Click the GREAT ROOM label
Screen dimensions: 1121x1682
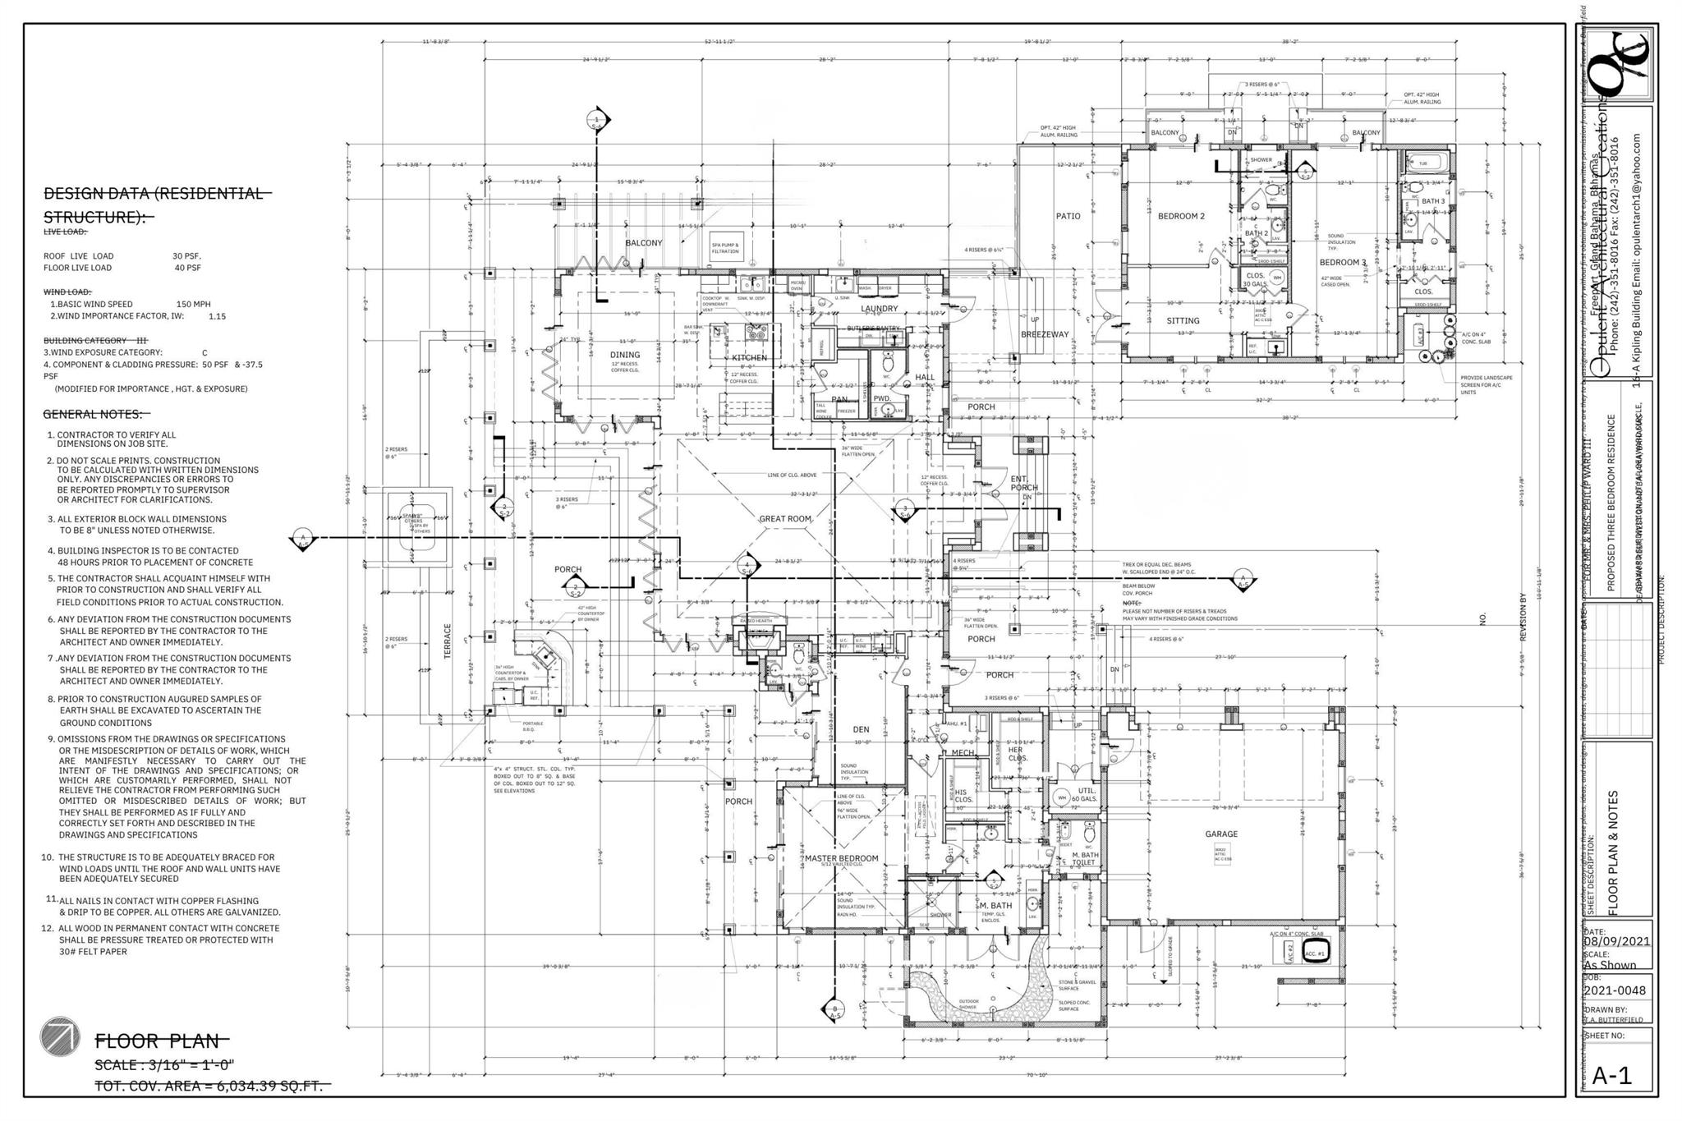click(x=784, y=519)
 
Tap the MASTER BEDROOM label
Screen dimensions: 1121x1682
click(x=841, y=858)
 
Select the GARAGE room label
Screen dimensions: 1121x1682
click(x=1220, y=834)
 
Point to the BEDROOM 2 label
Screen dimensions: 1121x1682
click(x=1181, y=216)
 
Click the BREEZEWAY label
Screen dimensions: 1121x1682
click(x=1045, y=334)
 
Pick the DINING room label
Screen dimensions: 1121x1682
click(x=624, y=355)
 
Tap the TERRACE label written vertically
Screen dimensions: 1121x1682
click(x=448, y=641)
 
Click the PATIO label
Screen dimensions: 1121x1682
click(x=1068, y=216)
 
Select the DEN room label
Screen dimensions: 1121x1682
click(x=861, y=728)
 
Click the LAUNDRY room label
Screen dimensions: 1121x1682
click(x=879, y=309)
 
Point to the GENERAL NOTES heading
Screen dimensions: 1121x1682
click(x=92, y=414)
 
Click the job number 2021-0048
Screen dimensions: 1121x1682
click(x=1615, y=990)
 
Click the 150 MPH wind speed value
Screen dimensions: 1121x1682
click(x=193, y=304)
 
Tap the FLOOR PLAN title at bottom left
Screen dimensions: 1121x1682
click(x=158, y=1041)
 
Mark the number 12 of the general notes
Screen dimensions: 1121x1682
click(x=47, y=928)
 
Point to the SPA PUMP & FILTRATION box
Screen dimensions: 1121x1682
click(x=725, y=247)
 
